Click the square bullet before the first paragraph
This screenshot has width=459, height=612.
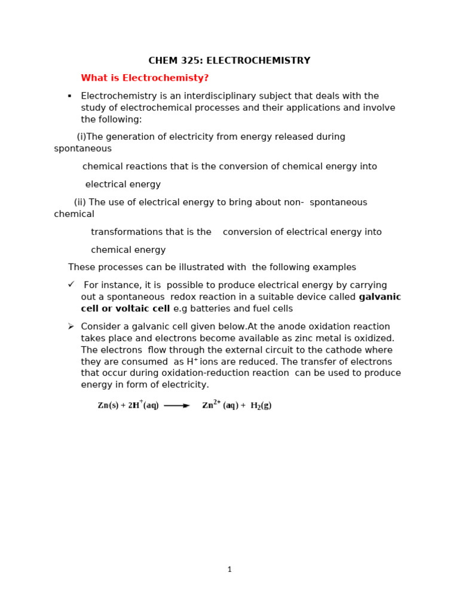pyautogui.click(x=69, y=96)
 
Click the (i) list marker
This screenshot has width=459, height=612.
pyautogui.click(x=81, y=137)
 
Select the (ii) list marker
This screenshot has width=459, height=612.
pyautogui.click(x=80, y=203)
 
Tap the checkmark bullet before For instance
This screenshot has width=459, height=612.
pyautogui.click(x=71, y=285)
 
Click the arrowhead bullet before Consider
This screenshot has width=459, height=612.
pyautogui.click(x=71, y=326)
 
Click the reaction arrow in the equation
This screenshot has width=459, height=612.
pyautogui.click(x=176, y=406)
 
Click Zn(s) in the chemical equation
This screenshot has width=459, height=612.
pyautogui.click(x=108, y=406)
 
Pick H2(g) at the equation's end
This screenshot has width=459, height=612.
pyautogui.click(x=261, y=406)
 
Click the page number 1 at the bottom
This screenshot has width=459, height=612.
pyautogui.click(x=229, y=570)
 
